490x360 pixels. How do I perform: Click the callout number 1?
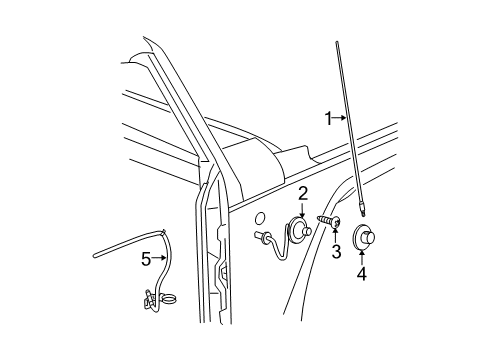327,117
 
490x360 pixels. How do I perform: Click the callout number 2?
303,193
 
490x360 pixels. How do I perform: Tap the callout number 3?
336,252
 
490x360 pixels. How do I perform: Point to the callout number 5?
145,259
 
